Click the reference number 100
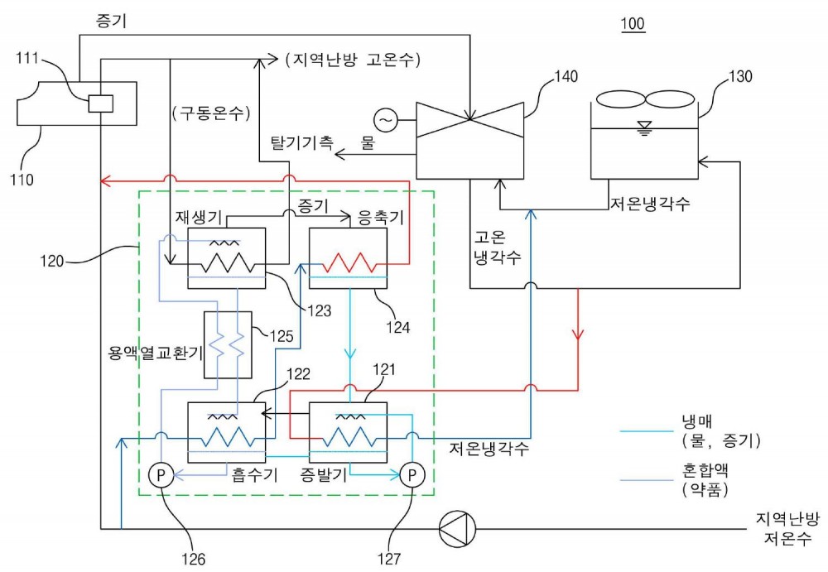point(633,24)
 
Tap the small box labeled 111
point(100,103)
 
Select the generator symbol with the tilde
point(386,120)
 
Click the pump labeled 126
point(161,475)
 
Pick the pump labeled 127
point(412,475)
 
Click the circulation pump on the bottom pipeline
point(457,528)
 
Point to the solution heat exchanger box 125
point(228,345)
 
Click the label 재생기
point(199,218)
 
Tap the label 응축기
point(381,218)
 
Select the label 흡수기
point(254,475)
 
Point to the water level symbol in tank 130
point(644,128)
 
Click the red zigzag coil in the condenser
point(348,262)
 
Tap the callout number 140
point(566,77)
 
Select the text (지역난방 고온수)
point(353,59)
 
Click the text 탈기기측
point(302,142)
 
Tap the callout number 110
point(22,180)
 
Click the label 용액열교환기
point(156,353)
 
